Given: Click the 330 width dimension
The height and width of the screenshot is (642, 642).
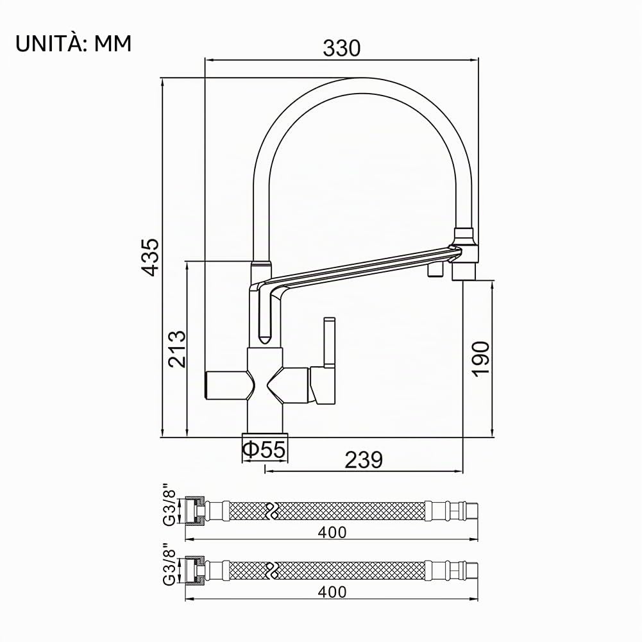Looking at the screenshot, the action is pos(341,48).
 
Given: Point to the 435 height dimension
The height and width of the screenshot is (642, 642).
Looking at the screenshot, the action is pos(150,257).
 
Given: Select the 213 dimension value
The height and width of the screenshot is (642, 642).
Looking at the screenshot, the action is pos(178,349).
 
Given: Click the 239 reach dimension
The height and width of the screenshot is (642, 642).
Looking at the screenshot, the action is pos(364,460).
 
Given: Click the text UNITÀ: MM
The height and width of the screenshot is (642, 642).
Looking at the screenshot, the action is pos(73,44).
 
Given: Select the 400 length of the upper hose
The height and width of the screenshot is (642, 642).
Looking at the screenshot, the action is pos(332,532).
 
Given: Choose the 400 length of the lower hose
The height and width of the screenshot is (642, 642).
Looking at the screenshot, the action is pos(332,592).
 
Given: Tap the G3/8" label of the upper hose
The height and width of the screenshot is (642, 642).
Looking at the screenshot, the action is pos(169,508).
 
